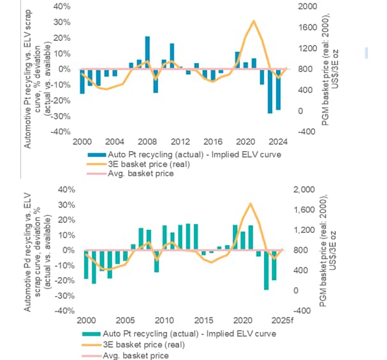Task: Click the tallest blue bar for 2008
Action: pos(147,52)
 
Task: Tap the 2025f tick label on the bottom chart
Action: pos(281,320)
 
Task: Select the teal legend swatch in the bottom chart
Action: pos(92,334)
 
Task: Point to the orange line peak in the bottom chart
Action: pos(250,204)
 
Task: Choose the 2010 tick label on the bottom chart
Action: pos(164,320)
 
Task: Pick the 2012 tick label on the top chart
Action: pos(180,142)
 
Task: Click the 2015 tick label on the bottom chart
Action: pos(203,320)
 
